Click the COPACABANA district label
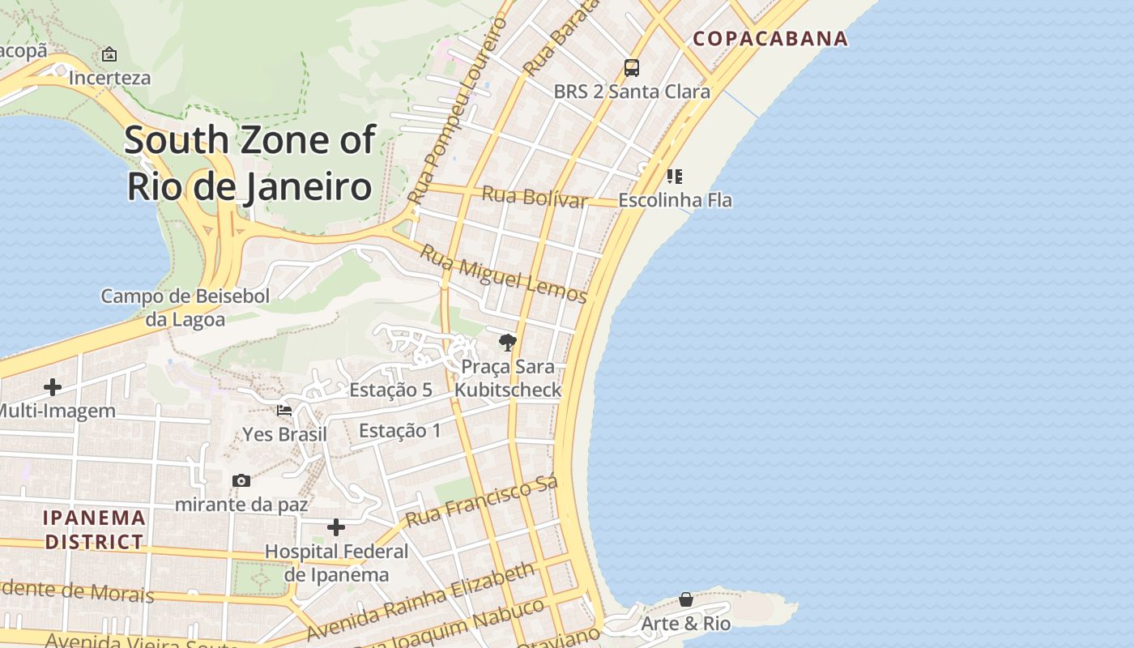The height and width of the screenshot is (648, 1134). click(x=770, y=38)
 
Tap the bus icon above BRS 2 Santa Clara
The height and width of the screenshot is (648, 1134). click(x=632, y=68)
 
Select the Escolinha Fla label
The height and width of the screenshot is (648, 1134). click(x=675, y=199)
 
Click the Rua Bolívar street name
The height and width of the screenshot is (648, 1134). click(x=535, y=196)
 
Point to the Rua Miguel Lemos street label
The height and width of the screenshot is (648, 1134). click(x=503, y=273)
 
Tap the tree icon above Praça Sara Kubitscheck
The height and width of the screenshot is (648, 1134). click(x=508, y=343)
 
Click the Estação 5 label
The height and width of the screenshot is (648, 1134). click(x=390, y=390)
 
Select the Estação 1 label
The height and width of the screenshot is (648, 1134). click(x=400, y=430)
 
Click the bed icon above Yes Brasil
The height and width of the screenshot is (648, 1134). click(x=284, y=411)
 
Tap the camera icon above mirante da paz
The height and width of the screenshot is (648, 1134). click(x=241, y=481)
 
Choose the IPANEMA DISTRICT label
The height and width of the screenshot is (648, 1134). click(x=94, y=529)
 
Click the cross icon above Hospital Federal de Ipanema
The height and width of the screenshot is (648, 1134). click(x=336, y=528)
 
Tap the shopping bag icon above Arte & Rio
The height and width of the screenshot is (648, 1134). click(x=686, y=599)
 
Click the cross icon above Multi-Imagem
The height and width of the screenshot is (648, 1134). click(x=53, y=387)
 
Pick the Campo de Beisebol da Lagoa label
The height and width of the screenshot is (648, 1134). click(x=185, y=308)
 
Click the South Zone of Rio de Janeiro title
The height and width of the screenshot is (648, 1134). click(x=249, y=162)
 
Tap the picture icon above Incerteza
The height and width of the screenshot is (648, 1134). click(x=109, y=54)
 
